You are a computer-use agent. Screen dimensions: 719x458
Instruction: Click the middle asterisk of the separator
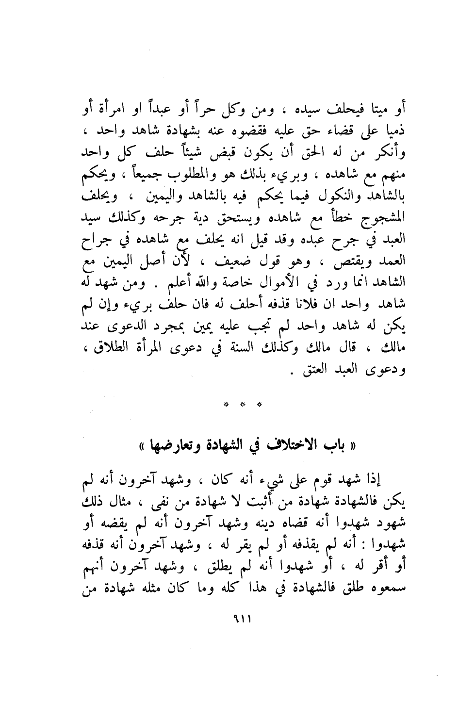coord(242,404)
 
